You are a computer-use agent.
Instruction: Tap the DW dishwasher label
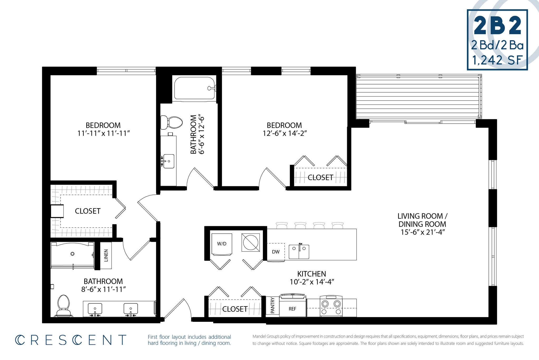[276, 252]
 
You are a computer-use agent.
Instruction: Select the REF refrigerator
[292, 308]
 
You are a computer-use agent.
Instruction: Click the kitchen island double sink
[299, 252]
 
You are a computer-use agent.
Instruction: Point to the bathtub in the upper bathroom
[194, 88]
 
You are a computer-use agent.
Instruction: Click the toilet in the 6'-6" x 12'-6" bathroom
[172, 122]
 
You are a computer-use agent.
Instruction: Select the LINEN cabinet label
[106, 255]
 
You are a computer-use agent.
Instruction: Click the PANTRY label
[272, 306]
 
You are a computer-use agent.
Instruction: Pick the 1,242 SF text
[497, 60]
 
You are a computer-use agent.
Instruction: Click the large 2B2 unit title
[497, 26]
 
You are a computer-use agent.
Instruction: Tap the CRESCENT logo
[71, 340]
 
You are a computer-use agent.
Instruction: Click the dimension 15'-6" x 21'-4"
[422, 232]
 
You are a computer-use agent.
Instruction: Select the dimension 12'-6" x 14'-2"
[285, 133]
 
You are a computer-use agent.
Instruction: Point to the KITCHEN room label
[312, 274]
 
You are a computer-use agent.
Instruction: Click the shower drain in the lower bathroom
[72, 254]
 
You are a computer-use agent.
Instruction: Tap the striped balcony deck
[418, 97]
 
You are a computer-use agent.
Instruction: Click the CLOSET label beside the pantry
[235, 309]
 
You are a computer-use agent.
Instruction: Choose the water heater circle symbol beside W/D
[251, 242]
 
